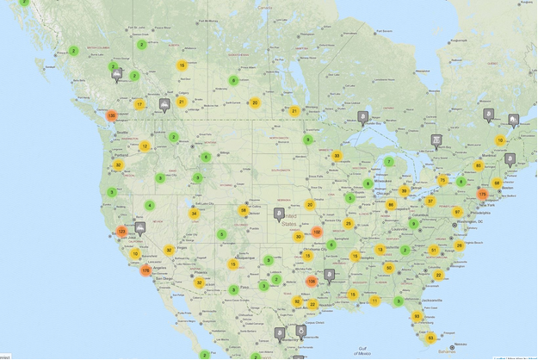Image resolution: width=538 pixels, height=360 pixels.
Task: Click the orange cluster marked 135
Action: tap(111, 116)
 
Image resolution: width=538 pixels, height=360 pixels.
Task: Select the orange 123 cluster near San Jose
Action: tap(122, 231)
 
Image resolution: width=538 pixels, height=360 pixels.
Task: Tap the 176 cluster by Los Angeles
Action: tap(145, 270)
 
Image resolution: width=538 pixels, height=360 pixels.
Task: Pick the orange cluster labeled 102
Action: tap(317, 232)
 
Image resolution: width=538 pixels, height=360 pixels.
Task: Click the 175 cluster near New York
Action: tap(482, 195)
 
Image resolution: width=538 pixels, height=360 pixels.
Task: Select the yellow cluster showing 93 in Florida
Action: tap(417, 316)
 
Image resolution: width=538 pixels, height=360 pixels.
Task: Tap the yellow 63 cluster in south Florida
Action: tap(431, 338)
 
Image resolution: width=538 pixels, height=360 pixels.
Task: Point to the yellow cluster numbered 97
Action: tap(458, 212)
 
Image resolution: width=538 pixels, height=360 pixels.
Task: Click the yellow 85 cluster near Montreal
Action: tap(479, 165)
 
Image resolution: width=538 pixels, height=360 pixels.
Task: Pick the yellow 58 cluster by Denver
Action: tap(244, 210)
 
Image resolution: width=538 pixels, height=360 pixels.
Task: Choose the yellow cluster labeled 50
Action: tap(389, 268)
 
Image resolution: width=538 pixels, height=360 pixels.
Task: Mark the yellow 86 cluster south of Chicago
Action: tap(391, 205)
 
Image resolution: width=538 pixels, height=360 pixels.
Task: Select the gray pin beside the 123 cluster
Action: tap(140, 227)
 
